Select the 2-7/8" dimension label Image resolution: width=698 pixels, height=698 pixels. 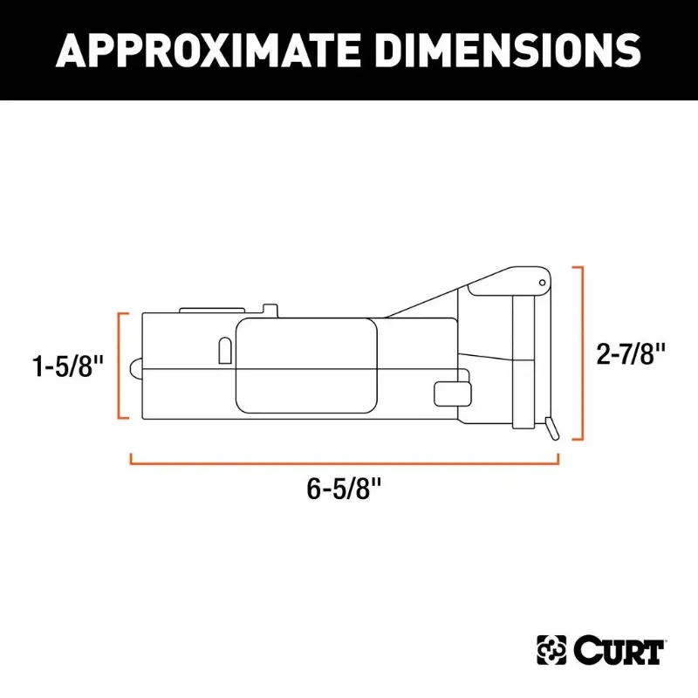click(633, 353)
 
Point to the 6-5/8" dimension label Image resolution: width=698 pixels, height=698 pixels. click(346, 489)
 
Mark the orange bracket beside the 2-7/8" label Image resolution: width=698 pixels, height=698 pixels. click(578, 353)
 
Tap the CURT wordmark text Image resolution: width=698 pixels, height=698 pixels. click(620, 650)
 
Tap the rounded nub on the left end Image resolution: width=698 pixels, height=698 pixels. click(133, 369)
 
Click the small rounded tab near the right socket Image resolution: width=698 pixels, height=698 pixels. click(448, 393)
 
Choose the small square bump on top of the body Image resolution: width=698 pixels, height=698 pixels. click(270, 308)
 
